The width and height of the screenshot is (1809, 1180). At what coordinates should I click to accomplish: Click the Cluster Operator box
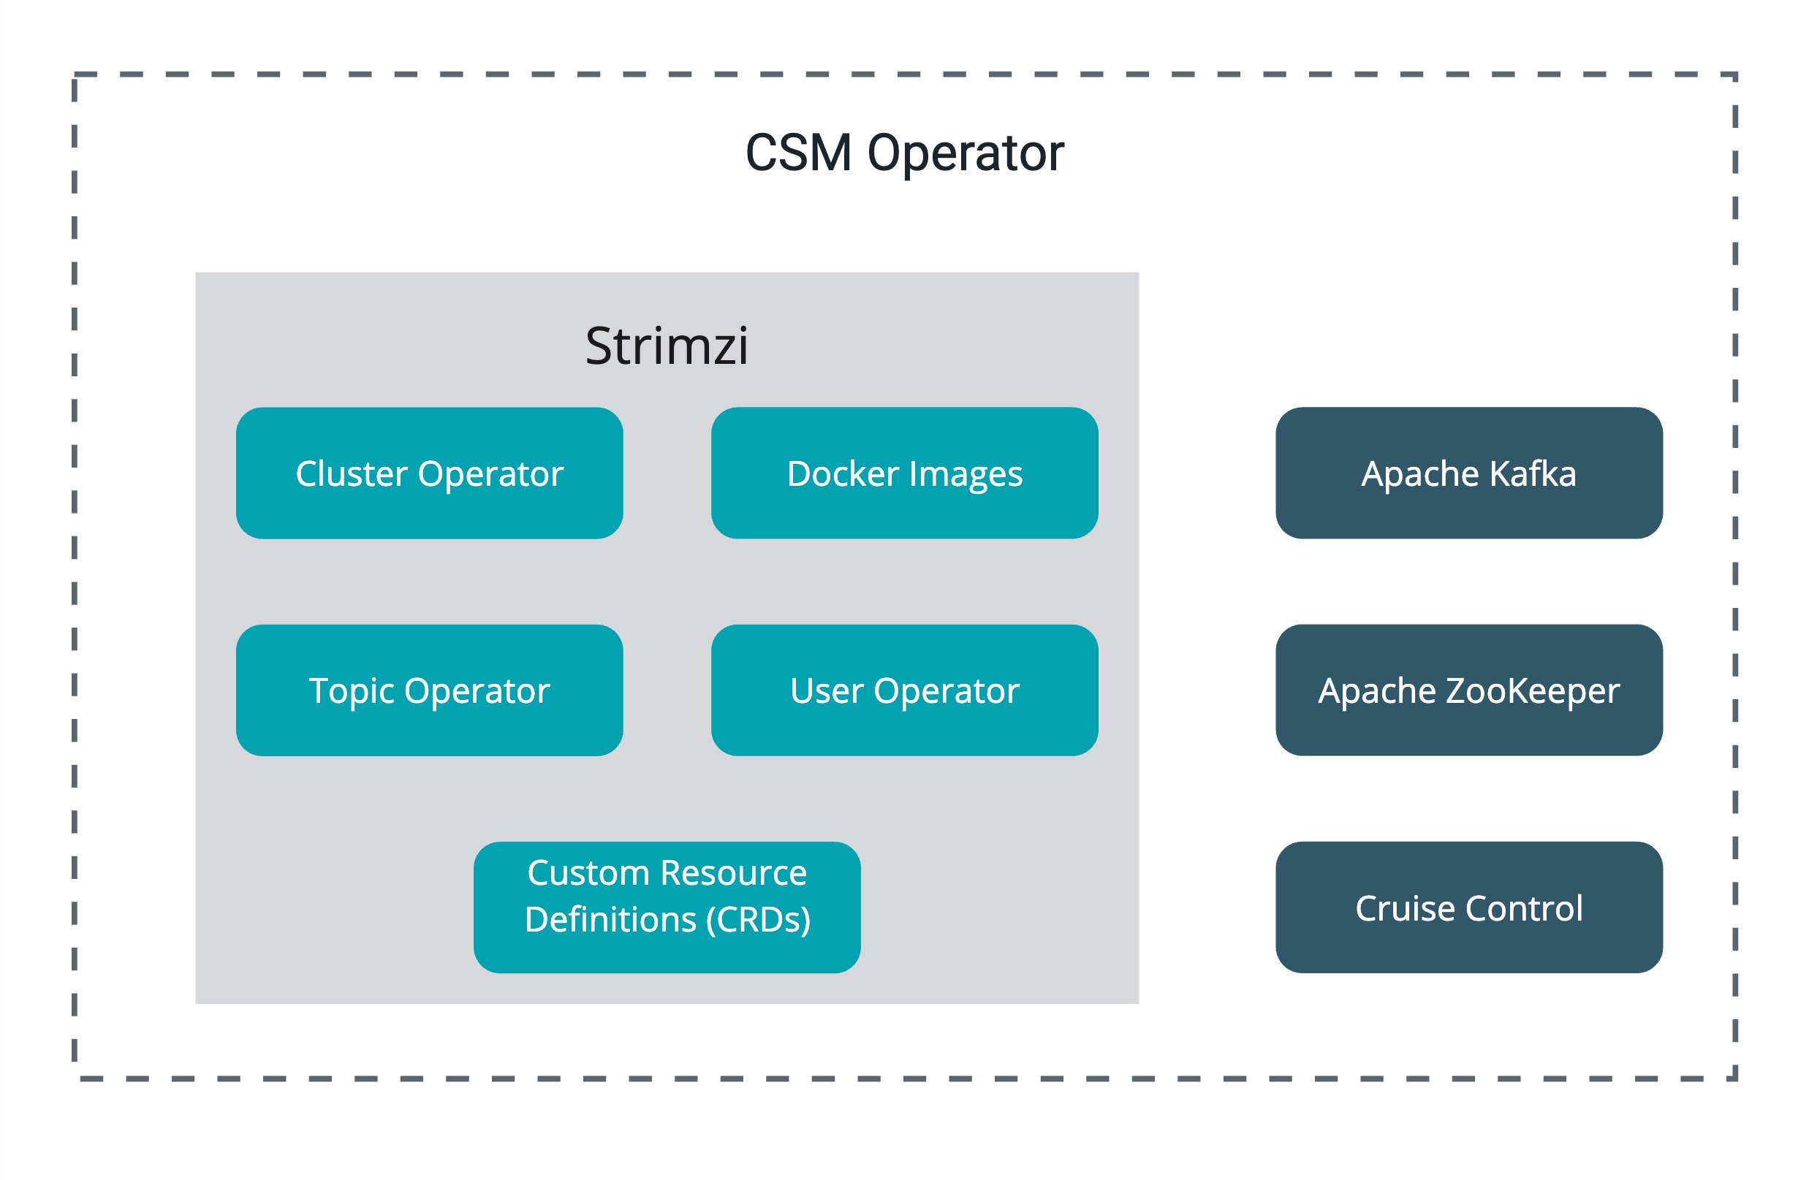[430, 473]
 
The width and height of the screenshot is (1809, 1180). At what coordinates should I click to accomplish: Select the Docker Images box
[905, 473]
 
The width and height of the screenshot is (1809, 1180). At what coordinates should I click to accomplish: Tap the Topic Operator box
[430, 690]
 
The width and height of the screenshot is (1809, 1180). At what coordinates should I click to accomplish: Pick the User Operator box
[905, 690]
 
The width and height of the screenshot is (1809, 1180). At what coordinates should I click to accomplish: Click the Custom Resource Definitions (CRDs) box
[667, 907]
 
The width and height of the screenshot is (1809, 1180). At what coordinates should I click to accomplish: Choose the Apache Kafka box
[1468, 473]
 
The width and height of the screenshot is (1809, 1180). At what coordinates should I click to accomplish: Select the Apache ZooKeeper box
[1468, 690]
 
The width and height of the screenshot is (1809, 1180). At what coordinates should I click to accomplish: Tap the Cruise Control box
[1468, 907]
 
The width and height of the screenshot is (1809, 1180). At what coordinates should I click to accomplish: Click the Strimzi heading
[667, 346]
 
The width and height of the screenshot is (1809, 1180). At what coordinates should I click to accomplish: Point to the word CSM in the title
[798, 153]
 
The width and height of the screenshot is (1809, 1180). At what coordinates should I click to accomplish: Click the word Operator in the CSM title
[966, 154]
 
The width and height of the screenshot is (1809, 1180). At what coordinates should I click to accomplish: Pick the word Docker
[843, 473]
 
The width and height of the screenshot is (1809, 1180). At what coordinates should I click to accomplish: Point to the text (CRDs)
[758, 919]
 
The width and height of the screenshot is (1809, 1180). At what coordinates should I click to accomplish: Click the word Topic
[351, 691]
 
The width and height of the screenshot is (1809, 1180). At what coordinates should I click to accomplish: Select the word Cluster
[351, 473]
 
